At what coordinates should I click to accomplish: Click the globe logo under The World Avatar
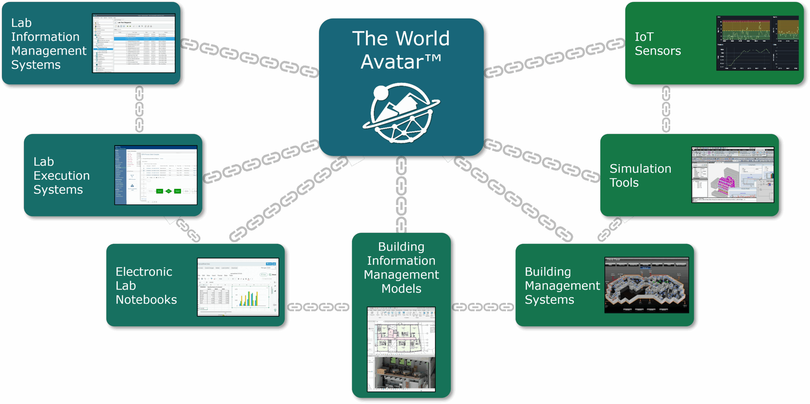401,113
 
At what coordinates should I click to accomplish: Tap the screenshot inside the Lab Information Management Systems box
134,43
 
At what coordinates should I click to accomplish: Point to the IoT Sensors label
657,44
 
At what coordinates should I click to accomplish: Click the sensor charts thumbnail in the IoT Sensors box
757,43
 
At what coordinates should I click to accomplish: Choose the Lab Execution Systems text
61,176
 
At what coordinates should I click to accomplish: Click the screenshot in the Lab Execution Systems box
156,175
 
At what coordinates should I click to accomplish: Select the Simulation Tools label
640,176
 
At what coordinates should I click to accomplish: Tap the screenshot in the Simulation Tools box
733,175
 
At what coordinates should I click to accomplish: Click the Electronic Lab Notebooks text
146,285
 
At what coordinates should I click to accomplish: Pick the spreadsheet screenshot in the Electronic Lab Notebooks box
238,287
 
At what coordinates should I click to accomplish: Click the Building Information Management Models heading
401,268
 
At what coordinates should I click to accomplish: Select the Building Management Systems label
562,285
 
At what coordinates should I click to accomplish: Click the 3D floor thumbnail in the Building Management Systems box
646,285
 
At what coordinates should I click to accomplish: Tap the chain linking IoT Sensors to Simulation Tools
666,109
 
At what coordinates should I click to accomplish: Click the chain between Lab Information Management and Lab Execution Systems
139,109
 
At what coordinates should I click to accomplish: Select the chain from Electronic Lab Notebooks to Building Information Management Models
318,307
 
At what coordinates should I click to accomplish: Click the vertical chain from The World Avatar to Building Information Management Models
401,195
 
